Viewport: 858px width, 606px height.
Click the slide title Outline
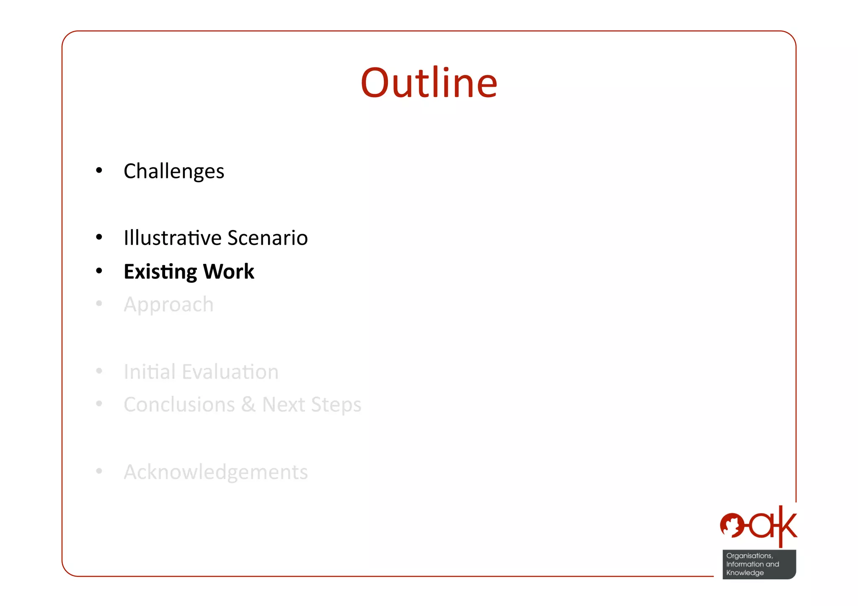tap(429, 83)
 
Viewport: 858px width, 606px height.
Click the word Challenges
tap(174, 171)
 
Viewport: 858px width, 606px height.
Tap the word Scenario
tap(268, 238)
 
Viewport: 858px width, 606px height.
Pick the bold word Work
tap(229, 271)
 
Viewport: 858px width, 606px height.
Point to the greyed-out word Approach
tap(168, 304)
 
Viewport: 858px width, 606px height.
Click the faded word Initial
tap(150, 372)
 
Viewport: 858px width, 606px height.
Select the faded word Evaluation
tap(230, 372)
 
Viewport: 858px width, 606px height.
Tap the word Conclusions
tap(179, 405)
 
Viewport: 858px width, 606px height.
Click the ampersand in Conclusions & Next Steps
tap(248, 405)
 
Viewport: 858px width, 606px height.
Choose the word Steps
tap(336, 405)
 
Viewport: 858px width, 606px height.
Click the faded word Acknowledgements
tap(216, 472)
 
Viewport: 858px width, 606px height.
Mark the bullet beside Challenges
tap(99, 170)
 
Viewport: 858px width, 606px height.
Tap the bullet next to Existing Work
tap(99, 271)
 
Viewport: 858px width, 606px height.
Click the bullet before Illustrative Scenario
tap(99, 237)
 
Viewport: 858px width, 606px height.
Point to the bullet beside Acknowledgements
tap(99, 472)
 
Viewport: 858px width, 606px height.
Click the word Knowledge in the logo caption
tap(745, 573)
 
